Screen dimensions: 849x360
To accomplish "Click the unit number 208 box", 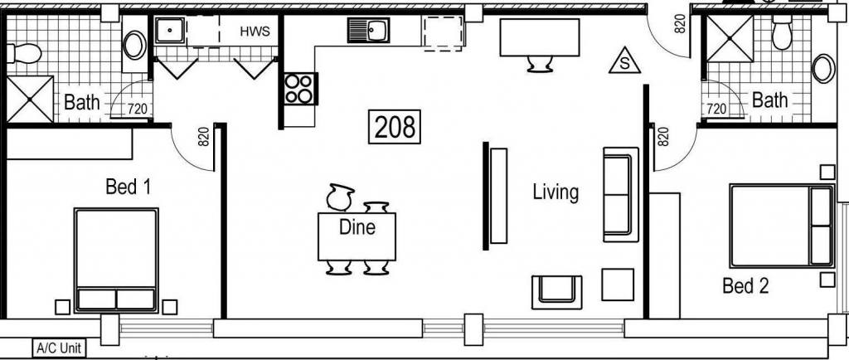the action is (x=394, y=127).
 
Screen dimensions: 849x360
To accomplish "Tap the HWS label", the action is (x=255, y=31).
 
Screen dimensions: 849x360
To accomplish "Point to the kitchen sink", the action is (x=368, y=30).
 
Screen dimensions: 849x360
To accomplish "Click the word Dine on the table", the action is (x=357, y=226).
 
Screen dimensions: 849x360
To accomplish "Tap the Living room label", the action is (x=555, y=192).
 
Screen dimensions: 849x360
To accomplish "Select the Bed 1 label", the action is (x=128, y=187).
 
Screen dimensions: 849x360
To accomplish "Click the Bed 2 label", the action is (x=745, y=286).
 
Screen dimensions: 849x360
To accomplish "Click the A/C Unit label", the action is (x=59, y=348).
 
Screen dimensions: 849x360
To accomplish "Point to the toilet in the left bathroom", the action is (x=24, y=54).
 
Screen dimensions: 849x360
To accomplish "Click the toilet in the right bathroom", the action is (x=782, y=32).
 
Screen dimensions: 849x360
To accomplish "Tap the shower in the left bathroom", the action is (x=30, y=99).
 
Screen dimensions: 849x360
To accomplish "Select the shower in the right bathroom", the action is (x=730, y=38).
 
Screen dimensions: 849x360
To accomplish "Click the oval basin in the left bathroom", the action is (x=134, y=45).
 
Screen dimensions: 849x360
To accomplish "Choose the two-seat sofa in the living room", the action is (x=620, y=194).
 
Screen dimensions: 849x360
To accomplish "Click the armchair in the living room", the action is (x=556, y=292).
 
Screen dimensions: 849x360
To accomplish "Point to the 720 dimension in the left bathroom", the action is (x=137, y=109).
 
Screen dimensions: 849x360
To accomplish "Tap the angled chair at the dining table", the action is (x=340, y=197).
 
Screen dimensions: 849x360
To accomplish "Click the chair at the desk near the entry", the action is (x=540, y=64).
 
